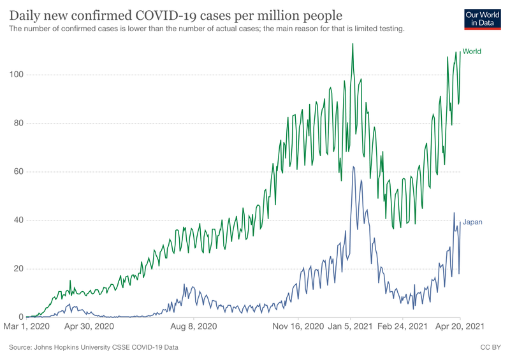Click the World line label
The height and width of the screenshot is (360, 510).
point(472,52)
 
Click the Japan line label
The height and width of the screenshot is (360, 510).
point(472,222)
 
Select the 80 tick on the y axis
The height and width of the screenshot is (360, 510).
point(15,124)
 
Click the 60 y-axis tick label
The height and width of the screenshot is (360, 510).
point(15,172)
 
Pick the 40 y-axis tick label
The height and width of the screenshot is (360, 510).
point(15,220)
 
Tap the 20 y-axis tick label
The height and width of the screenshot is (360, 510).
point(15,269)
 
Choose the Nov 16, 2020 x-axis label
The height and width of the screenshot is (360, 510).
point(298,327)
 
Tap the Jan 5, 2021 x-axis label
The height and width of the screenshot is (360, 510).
point(351,327)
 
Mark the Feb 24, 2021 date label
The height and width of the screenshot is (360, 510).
point(402,327)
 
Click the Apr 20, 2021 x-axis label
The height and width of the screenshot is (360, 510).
point(460,327)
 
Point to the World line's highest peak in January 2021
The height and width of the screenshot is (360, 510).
point(353,44)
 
